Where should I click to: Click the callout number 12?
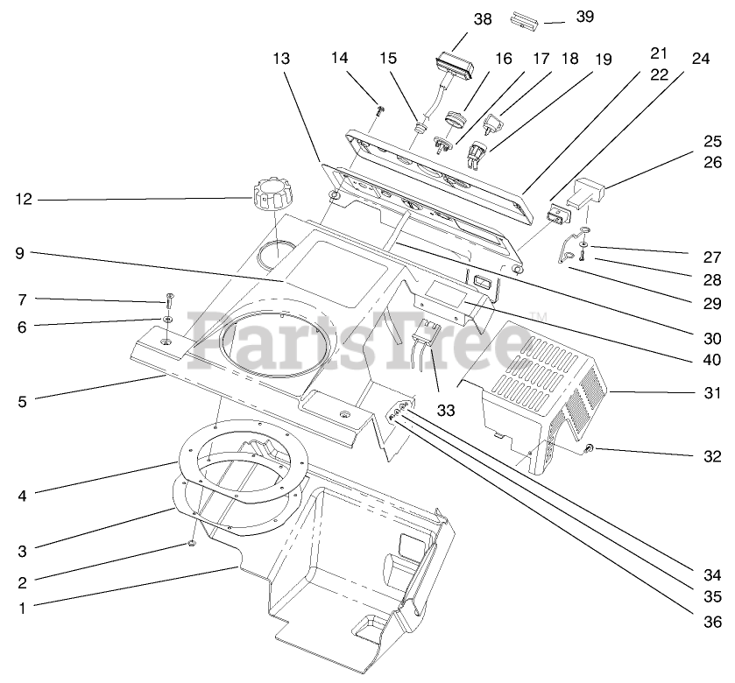(x=23, y=199)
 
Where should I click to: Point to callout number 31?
(x=712, y=393)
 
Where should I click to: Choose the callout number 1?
(x=23, y=606)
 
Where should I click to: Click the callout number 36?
(x=712, y=622)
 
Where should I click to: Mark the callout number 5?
(x=23, y=403)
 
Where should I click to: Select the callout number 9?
(x=23, y=253)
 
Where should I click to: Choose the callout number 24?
(x=700, y=60)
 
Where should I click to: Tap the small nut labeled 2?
(x=192, y=545)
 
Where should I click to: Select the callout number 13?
(x=281, y=59)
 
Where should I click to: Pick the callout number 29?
(x=712, y=304)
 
